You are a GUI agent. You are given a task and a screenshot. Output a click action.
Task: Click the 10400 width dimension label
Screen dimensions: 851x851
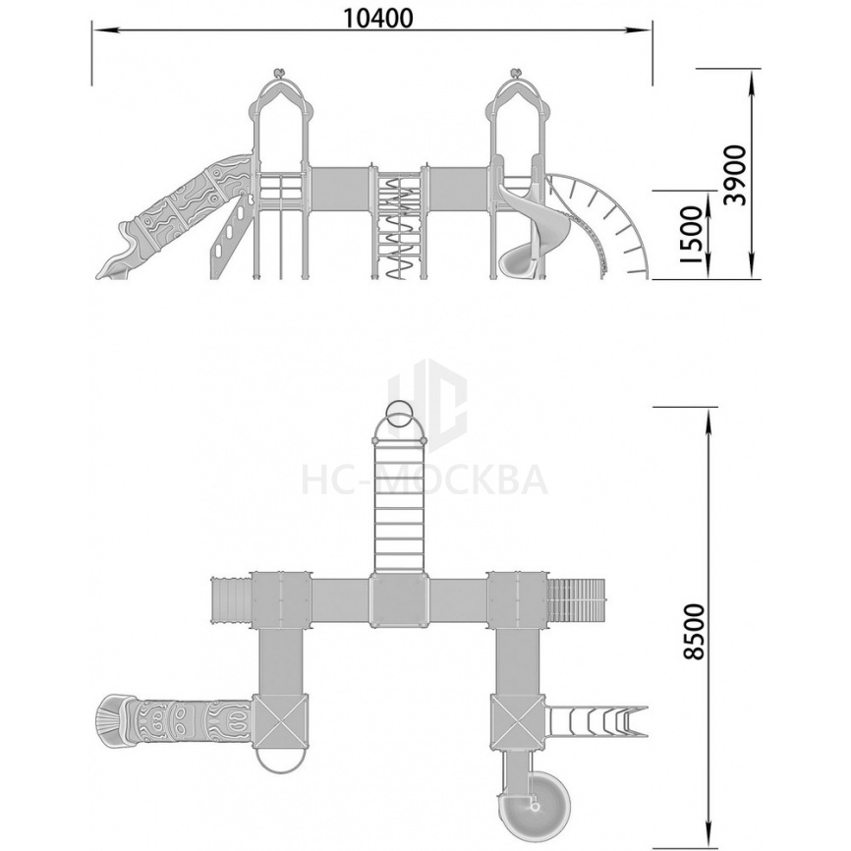(x=377, y=19)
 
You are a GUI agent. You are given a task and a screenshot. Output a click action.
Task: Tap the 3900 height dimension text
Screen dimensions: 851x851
(x=735, y=175)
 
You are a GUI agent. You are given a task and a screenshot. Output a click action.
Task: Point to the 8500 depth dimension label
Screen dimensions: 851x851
(x=694, y=631)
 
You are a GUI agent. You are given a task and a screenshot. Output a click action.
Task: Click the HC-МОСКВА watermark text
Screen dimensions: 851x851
(x=425, y=480)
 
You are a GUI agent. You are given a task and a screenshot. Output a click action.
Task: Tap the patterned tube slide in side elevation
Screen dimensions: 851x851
(x=176, y=217)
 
